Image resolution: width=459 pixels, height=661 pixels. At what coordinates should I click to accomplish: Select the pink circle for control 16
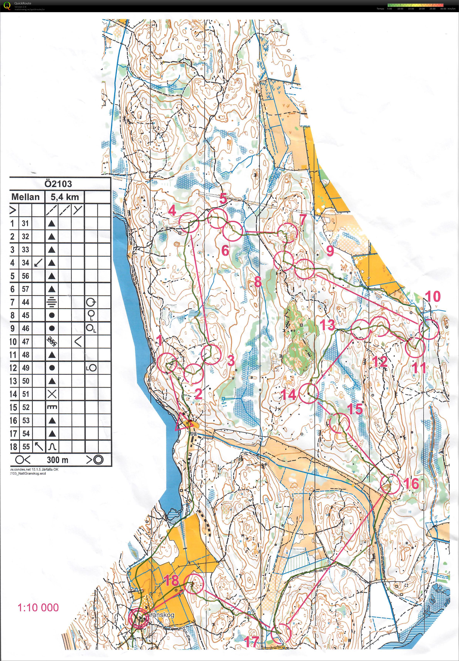390,484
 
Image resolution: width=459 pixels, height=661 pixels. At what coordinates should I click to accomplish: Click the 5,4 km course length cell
64,197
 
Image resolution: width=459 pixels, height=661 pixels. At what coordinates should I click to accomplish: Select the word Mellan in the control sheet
25,197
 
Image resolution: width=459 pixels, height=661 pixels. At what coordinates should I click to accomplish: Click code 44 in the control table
26,302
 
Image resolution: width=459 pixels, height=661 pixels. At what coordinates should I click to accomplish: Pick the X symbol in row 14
52,394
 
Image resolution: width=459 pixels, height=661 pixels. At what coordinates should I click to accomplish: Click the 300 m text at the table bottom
58,460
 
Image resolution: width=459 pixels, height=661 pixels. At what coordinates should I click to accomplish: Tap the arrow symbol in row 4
38,262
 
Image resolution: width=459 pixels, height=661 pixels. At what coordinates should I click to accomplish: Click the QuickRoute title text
23,3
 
